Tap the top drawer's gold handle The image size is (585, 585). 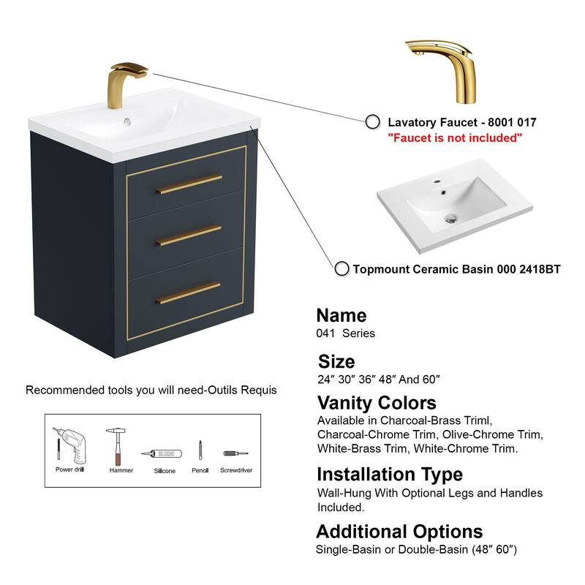pyautogui.click(x=189, y=184)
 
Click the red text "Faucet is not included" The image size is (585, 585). pyautogui.click(x=455, y=138)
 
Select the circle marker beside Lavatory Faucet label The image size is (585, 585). pyautogui.click(x=373, y=122)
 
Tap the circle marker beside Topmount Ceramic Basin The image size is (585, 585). pyautogui.click(x=341, y=268)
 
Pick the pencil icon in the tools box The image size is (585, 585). pyautogui.click(x=200, y=449)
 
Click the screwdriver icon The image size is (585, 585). pyautogui.click(x=235, y=453)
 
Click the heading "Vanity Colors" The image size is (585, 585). pyautogui.click(x=377, y=403)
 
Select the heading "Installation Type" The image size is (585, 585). pyautogui.click(x=389, y=475)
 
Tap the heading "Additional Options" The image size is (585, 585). pyautogui.click(x=399, y=531)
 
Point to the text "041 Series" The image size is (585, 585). pyautogui.click(x=346, y=333)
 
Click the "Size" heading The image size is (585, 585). pyautogui.click(x=337, y=361)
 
